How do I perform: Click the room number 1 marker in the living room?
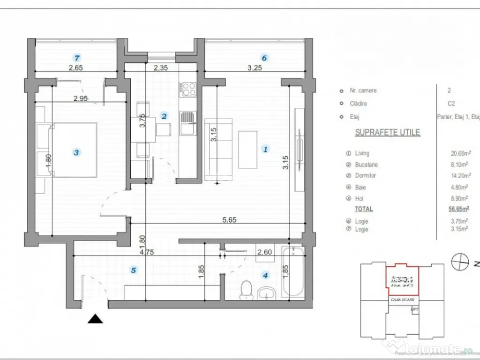click(x=265, y=150)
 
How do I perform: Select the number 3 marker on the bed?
click(x=76, y=152)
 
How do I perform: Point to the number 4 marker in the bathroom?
click(x=266, y=276)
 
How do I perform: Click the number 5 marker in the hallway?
click(x=134, y=270)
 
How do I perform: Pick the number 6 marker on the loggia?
click(x=264, y=58)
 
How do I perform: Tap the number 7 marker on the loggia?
click(x=77, y=58)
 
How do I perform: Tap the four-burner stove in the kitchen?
click(x=188, y=89)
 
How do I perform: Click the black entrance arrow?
click(x=96, y=319)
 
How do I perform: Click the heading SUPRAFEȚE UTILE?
click(x=387, y=133)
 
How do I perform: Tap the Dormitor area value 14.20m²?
click(x=460, y=176)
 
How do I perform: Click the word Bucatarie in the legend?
click(x=367, y=165)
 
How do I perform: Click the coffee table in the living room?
click(x=247, y=150)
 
